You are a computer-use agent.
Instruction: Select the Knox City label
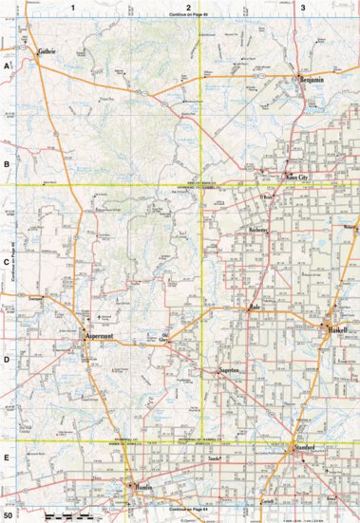(x=297, y=177)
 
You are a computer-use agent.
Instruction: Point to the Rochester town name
(x=259, y=231)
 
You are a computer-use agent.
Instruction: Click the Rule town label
(x=254, y=309)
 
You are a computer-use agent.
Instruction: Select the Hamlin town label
(x=142, y=486)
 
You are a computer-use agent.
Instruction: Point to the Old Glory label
(x=164, y=335)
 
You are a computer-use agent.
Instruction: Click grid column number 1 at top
(x=72, y=8)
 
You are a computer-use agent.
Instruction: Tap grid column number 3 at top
(x=302, y=8)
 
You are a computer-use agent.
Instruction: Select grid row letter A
(x=7, y=67)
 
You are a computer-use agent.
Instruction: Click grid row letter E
(x=7, y=457)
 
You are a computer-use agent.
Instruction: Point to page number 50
(x=8, y=515)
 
